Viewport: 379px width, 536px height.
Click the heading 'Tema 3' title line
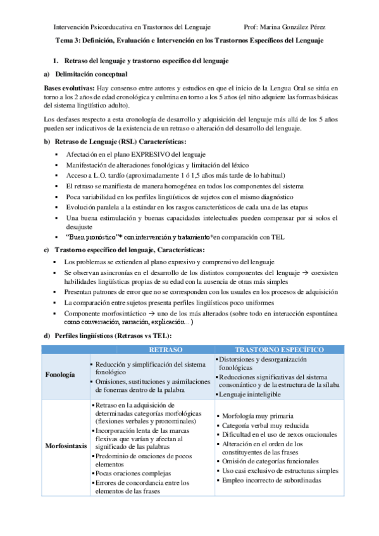190,40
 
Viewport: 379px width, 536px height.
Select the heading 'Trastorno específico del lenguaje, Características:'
121,250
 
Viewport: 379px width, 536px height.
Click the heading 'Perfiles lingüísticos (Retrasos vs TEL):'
113,335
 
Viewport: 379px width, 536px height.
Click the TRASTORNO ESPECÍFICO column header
280,350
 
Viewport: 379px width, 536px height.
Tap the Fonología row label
61,374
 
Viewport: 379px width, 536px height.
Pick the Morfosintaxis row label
66,446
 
